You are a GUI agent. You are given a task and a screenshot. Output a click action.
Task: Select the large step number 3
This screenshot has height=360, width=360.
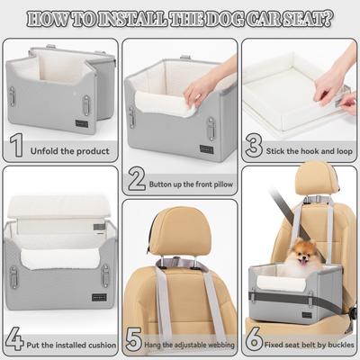(256, 145)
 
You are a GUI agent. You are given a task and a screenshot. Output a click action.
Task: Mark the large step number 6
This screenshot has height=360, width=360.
(256, 341)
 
